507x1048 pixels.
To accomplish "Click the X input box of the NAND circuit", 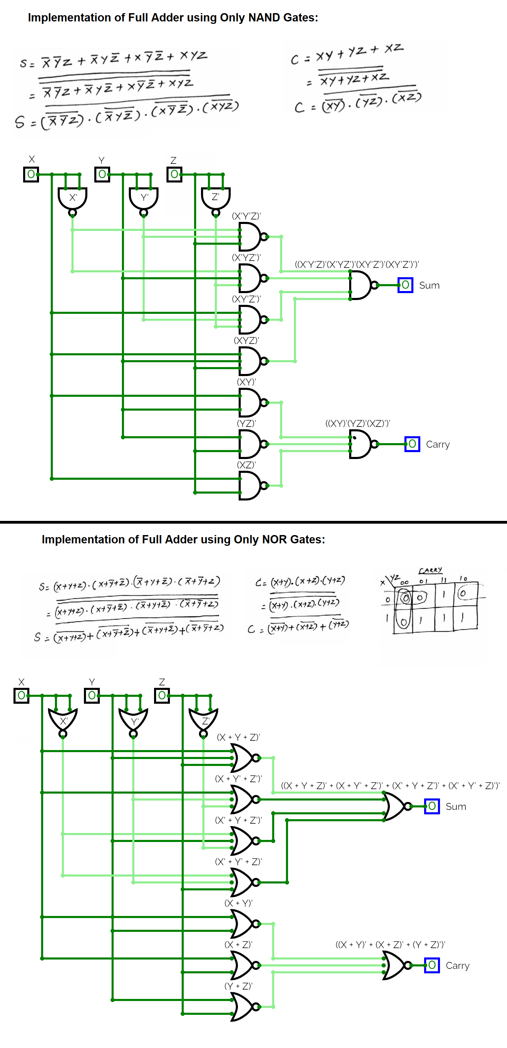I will [x=31, y=175].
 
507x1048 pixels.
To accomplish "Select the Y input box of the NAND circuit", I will [x=102, y=175].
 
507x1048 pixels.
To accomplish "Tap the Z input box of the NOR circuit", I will [x=162, y=695].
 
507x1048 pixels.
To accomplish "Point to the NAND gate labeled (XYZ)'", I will [x=250, y=361].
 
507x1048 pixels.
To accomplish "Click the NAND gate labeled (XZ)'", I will [x=250, y=485].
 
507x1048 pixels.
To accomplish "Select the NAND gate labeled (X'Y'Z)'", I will [x=250, y=236].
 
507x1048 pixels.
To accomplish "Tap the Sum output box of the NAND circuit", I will [x=405, y=285].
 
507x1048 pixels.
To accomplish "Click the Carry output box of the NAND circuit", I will [x=412, y=444].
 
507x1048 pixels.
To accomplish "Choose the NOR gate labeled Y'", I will [x=133, y=720].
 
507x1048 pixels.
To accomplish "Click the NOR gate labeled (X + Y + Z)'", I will [x=243, y=758].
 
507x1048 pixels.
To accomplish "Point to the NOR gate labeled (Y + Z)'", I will [x=243, y=1007].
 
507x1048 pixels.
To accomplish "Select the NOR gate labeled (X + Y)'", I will [x=243, y=924].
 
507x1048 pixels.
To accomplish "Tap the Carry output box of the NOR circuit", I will [x=432, y=965].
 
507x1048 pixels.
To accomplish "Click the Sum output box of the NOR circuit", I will [x=432, y=806].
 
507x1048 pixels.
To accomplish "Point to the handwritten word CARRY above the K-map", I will [x=430, y=570].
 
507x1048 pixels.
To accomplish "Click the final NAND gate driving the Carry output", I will [x=361, y=444].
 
